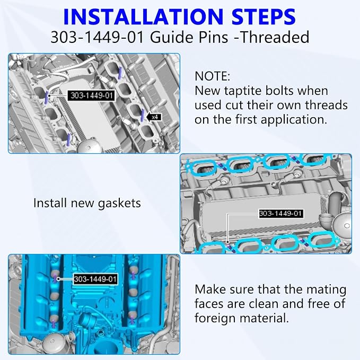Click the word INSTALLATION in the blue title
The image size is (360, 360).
(143, 16)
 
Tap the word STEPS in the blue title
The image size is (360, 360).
(264, 16)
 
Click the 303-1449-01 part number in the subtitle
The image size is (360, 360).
(98, 37)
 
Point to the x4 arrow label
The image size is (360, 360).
(154, 117)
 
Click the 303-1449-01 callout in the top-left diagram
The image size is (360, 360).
(92, 95)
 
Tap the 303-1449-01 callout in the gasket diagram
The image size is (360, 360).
(280, 214)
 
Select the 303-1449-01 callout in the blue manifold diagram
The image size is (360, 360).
(95, 279)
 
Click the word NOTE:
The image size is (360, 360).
(212, 76)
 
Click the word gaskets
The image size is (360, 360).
(119, 204)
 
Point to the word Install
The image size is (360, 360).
(50, 203)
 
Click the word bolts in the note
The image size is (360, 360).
(284, 91)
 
